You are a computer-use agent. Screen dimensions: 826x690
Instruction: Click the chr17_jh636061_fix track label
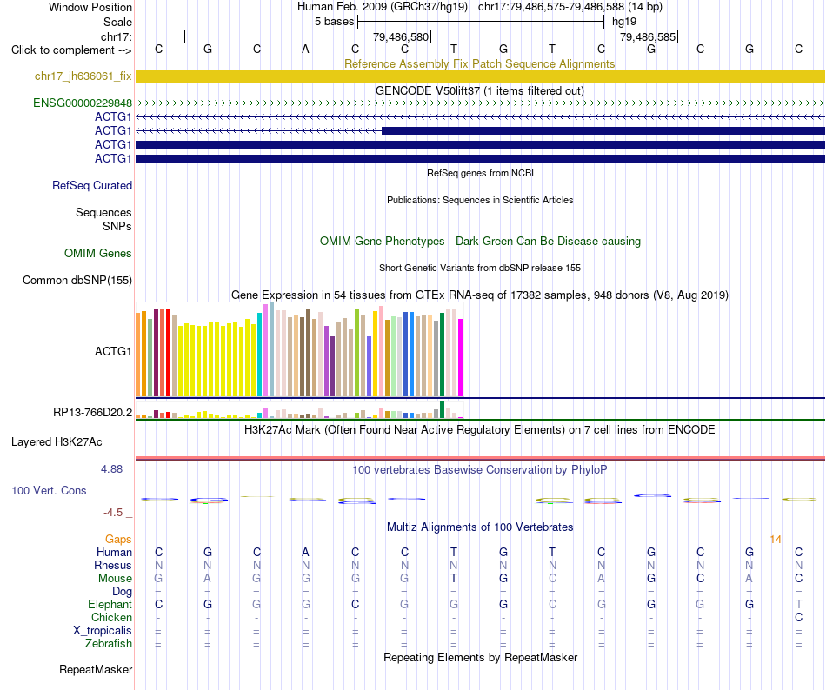(83, 76)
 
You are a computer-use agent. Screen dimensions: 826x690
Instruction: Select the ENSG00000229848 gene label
(83, 103)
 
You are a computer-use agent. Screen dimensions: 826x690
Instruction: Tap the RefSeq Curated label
(92, 186)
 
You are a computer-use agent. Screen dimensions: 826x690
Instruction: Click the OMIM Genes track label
(98, 254)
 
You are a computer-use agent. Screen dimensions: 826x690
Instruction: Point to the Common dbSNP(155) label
(77, 281)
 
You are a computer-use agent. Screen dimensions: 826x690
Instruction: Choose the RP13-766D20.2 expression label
(93, 413)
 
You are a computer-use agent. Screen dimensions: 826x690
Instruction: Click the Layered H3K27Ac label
(57, 442)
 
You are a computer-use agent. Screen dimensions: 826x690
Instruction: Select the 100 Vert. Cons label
(49, 490)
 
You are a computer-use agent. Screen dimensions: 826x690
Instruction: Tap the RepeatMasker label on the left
(96, 670)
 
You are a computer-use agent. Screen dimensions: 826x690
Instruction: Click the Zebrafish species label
(109, 644)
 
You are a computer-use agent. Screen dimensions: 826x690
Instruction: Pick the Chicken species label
(111, 617)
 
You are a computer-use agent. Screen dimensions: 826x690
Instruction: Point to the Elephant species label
(110, 605)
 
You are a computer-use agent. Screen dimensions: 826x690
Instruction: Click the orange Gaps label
(118, 540)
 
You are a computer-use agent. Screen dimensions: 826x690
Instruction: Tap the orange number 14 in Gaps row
(776, 540)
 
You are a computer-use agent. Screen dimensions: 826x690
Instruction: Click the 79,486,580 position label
(401, 37)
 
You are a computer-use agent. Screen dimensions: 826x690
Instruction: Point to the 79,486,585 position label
(648, 37)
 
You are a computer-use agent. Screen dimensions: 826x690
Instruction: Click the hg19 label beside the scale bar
(624, 22)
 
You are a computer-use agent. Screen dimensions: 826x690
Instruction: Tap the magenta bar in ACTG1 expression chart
(461, 357)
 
